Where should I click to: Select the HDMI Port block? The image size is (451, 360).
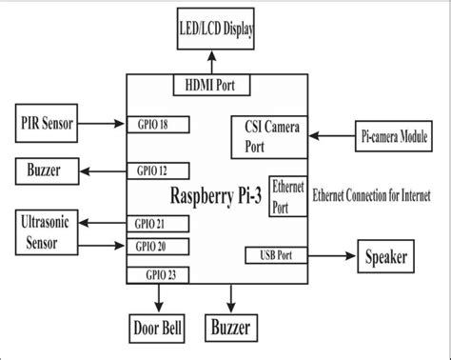coord(211,86)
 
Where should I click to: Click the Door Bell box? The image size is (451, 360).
coord(157,330)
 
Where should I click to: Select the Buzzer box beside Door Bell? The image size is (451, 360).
coord(233,330)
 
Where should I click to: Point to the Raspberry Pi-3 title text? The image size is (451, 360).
coord(217,196)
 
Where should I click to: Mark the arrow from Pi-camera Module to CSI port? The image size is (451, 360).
coord(330,135)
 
